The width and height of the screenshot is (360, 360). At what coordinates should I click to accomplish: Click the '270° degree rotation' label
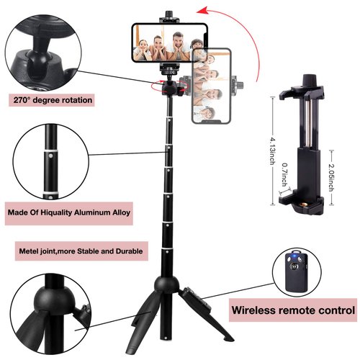click(51, 99)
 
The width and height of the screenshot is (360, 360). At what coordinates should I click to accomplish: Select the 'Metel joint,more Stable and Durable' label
click(81, 253)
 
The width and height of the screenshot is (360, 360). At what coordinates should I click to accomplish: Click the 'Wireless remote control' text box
click(292, 312)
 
